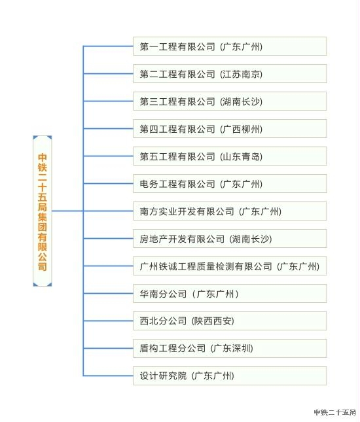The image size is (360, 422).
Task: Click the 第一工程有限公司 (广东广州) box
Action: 230,46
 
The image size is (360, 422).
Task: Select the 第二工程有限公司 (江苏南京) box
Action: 230,74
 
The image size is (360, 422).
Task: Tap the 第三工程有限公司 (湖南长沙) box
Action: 230,101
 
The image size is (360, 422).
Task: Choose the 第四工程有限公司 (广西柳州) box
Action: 230,129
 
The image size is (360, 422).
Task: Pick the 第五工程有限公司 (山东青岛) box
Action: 230,156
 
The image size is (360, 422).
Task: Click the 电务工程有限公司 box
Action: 230,184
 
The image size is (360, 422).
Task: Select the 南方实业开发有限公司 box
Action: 230,211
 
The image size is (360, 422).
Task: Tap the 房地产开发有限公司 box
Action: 230,238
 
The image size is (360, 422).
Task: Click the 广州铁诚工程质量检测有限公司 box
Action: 230,266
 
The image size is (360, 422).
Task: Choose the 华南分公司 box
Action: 230,293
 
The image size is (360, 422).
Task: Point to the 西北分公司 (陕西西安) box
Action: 230,321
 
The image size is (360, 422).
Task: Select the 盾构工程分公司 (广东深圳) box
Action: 230,348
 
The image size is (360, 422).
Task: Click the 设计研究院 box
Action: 230,376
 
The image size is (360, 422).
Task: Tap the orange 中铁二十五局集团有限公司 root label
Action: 43,212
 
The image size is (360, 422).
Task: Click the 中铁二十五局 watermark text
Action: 335,412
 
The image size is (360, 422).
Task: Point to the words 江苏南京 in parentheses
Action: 242,74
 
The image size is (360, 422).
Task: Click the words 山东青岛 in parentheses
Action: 242,156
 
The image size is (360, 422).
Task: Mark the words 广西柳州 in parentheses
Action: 242,129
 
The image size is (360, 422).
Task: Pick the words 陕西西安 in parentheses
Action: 213,321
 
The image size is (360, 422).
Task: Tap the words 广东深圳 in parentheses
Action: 232,349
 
